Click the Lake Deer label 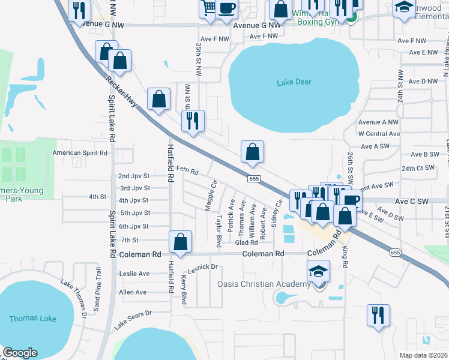click(x=294, y=82)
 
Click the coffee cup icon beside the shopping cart click(x=227, y=8)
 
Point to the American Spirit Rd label click(x=80, y=152)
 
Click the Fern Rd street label click(x=187, y=170)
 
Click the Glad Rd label click(x=246, y=242)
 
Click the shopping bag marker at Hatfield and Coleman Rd click(x=181, y=242)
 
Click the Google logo click(x=20, y=353)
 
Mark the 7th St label click(x=130, y=239)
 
